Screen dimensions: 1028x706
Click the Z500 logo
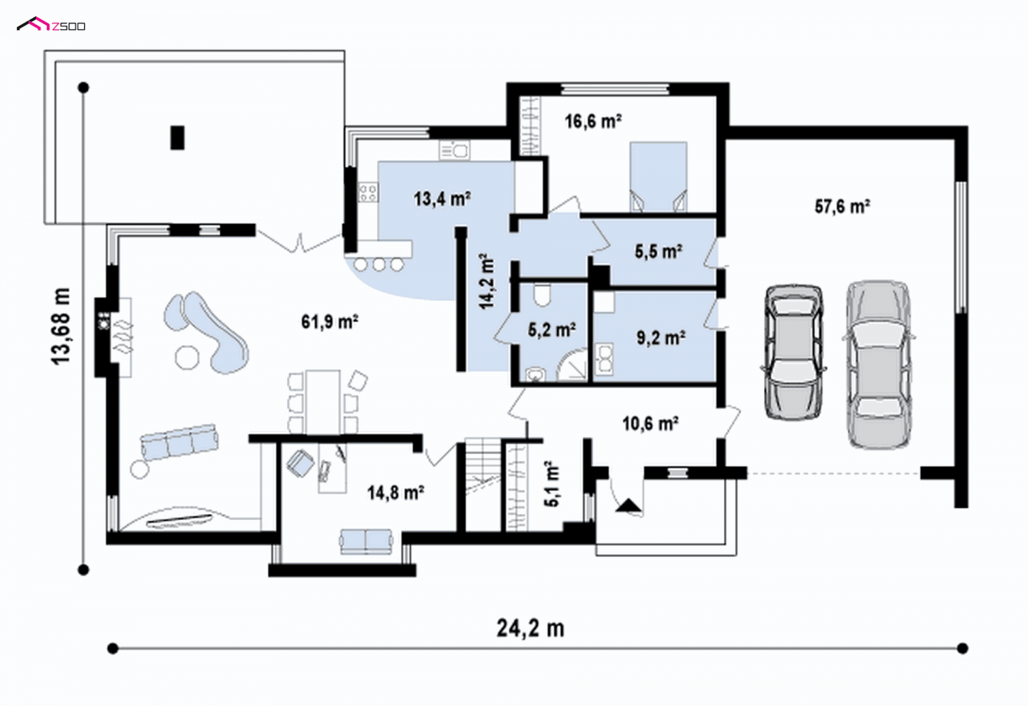click(x=51, y=24)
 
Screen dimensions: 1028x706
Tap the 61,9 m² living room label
click(x=330, y=321)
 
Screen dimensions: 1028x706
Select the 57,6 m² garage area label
click(x=842, y=206)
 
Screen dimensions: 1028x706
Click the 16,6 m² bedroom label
click(x=593, y=121)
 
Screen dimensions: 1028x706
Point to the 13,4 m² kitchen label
click(x=442, y=199)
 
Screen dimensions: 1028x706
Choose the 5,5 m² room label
click(x=659, y=251)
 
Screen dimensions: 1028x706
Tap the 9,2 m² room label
click(x=660, y=338)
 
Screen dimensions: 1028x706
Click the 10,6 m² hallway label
click(x=650, y=423)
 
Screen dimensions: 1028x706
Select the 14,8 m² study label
click(x=395, y=493)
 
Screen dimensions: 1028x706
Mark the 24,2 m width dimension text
click(x=530, y=628)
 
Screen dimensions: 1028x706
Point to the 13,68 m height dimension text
click(x=61, y=326)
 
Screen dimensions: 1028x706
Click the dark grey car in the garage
click(x=793, y=352)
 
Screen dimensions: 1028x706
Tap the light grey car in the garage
click(x=878, y=365)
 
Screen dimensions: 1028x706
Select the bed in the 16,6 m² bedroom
click(x=658, y=176)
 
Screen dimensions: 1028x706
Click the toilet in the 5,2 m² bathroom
click(x=542, y=295)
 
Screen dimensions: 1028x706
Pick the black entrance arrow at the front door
click(x=628, y=505)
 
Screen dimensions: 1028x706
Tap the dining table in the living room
click(x=323, y=402)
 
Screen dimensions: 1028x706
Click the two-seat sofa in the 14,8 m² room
click(x=366, y=541)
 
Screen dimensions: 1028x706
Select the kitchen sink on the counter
click(x=454, y=150)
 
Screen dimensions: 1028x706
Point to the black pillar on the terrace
click(x=177, y=137)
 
